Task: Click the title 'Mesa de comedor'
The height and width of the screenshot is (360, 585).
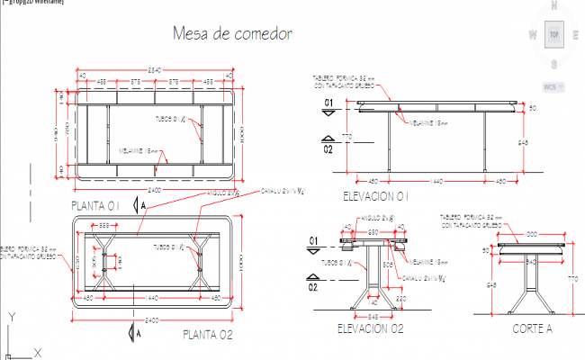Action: [232, 34]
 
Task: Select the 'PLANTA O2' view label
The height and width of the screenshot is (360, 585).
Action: [208, 335]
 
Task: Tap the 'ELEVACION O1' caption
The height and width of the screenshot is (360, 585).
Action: [377, 195]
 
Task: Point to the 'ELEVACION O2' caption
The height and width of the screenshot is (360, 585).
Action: [369, 328]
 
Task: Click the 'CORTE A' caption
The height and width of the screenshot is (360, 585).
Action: [534, 328]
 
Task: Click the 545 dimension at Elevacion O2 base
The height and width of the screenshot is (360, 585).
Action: [373, 315]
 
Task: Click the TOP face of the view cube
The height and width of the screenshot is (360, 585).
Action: [554, 35]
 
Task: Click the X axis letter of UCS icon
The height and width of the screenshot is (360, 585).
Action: [37, 352]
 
